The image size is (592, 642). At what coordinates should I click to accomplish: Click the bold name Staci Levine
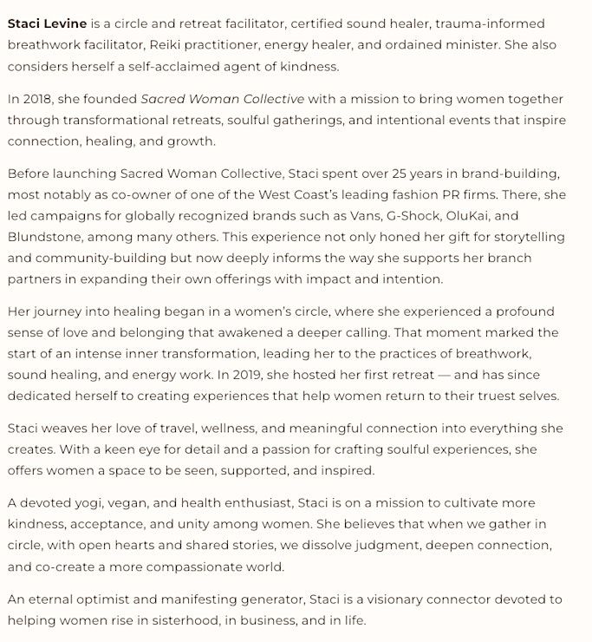tap(47, 23)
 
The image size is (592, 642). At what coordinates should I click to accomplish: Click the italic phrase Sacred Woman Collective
tap(223, 100)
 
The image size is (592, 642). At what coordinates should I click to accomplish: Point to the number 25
tap(353, 174)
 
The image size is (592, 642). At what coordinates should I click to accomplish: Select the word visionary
tap(400, 599)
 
